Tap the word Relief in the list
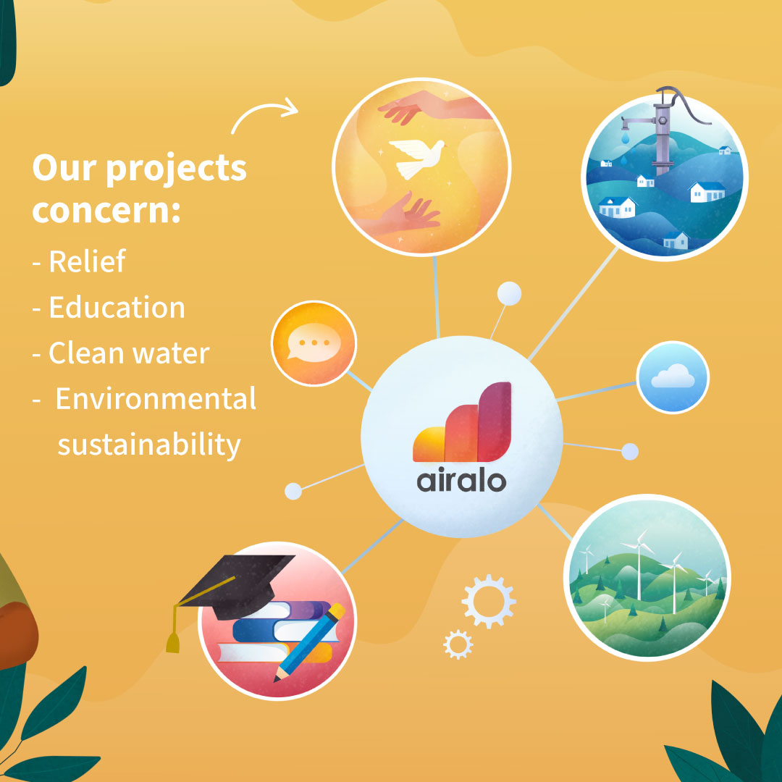88,261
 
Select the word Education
117,307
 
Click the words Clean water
129,353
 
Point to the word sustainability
149,445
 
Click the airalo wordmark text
461,480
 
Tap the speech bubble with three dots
314,342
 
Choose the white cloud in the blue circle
673,376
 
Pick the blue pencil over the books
309,642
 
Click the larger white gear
489,601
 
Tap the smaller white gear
458,644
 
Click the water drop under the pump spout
626,135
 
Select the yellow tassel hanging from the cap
173,629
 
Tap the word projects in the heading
176,169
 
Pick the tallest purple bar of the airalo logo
495,422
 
